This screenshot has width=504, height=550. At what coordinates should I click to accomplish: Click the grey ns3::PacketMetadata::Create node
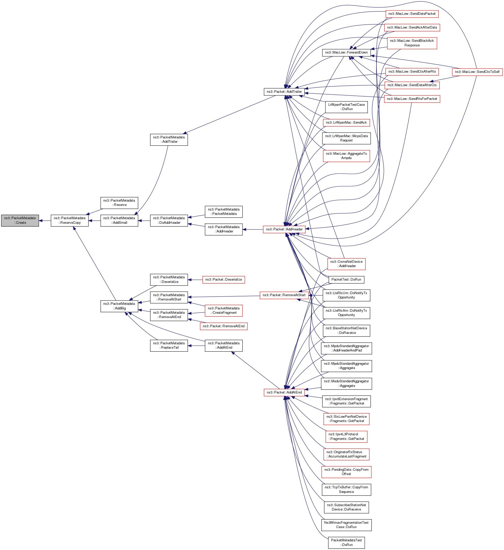[20, 220]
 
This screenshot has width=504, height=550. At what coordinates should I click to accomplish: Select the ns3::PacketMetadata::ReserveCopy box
[70, 220]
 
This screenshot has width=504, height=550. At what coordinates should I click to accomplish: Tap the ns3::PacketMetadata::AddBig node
[119, 306]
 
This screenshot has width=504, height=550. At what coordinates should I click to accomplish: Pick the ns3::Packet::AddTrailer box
[284, 92]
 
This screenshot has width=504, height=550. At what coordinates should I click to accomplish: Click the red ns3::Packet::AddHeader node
[284, 229]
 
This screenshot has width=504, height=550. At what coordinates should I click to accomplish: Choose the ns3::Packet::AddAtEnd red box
[284, 392]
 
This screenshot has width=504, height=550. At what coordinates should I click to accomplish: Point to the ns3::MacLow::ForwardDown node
[346, 53]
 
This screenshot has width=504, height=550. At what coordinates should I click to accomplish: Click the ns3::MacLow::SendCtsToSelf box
[477, 72]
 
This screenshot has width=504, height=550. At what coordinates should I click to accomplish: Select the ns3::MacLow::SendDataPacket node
[412, 14]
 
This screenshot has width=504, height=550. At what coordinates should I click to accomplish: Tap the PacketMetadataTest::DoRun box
[346, 543]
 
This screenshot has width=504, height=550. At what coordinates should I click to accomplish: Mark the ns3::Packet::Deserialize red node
[223, 280]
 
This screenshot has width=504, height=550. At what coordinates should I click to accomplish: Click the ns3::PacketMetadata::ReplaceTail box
[169, 345]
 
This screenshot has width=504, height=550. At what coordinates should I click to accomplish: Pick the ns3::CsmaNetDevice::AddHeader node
[346, 264]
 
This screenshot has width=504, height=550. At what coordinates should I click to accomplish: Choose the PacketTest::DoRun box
[346, 280]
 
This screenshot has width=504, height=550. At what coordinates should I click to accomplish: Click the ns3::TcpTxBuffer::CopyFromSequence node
[346, 490]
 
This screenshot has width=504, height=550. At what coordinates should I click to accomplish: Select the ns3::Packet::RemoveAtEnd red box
[223, 326]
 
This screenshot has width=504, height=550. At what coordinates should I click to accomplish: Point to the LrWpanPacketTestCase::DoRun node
[346, 107]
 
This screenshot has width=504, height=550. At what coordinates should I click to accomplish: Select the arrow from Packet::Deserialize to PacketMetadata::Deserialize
[195, 280]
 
